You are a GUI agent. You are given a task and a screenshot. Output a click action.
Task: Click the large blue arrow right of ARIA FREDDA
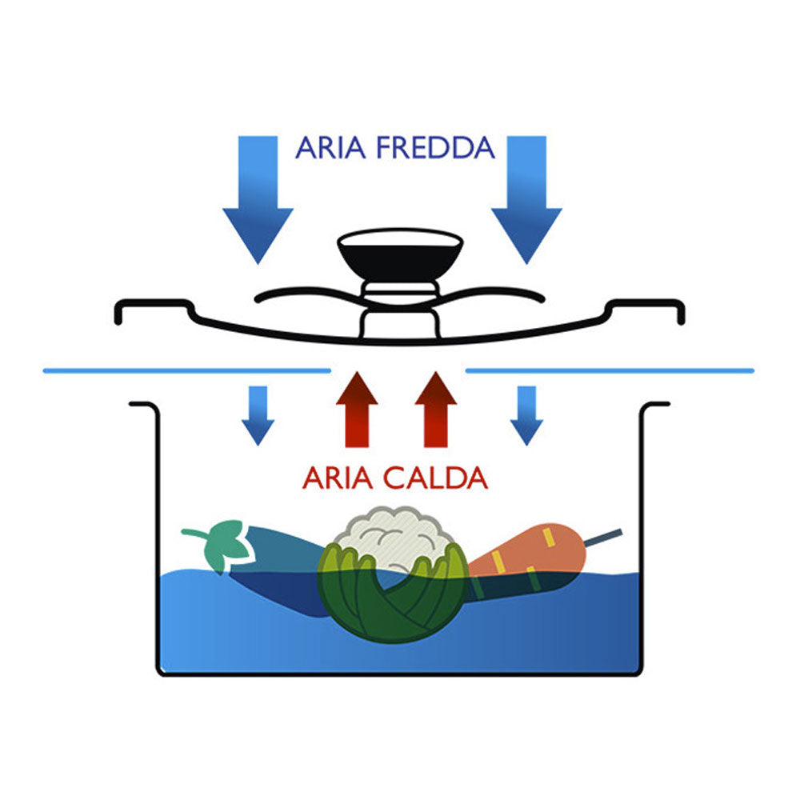click(x=526, y=200)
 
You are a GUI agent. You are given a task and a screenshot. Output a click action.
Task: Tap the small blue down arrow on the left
click(x=258, y=414)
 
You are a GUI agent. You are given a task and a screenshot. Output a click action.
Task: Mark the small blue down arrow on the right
click(x=526, y=414)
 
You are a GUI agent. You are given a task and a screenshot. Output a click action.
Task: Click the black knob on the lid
click(x=400, y=256)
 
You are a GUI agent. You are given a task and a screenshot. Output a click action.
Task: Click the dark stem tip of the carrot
click(x=603, y=538)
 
